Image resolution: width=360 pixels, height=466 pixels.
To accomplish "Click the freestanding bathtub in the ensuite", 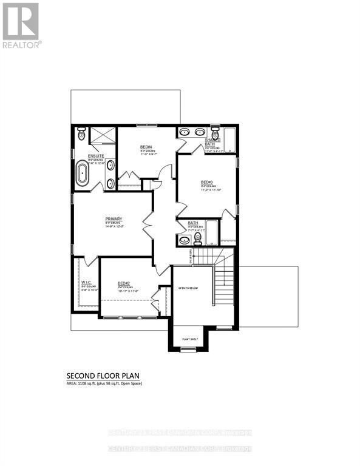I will [x=83, y=172].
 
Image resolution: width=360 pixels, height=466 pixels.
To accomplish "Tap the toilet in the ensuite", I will [x=82, y=135].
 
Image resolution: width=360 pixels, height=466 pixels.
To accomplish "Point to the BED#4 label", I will [x=145, y=147].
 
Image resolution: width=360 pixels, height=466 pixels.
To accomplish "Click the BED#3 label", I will [x=206, y=181].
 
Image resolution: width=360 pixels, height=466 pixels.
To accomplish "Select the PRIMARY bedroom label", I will [x=114, y=219].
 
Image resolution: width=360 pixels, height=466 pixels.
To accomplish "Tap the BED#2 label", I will [x=124, y=283].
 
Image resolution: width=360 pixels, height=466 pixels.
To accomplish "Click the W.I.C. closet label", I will [x=86, y=283].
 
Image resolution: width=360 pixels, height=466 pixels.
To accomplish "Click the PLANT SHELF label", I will [x=190, y=340].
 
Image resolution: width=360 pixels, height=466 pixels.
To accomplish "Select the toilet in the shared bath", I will [x=214, y=133].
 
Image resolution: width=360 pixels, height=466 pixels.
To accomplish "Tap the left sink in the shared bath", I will [x=186, y=132].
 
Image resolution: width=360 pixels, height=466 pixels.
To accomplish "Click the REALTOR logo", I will [x=21, y=25].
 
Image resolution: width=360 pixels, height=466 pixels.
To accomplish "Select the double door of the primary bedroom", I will [x=148, y=226].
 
